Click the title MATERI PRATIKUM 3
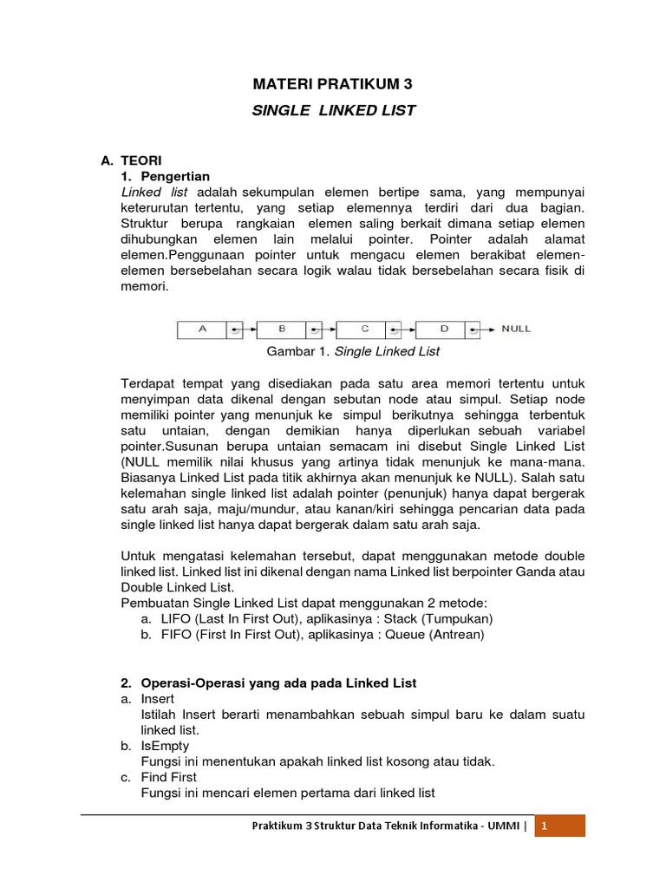[x=333, y=84]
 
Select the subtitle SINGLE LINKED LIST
[x=333, y=110]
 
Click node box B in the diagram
[x=281, y=330]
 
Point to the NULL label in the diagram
[x=516, y=330]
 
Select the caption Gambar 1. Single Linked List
[x=353, y=351]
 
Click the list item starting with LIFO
[x=317, y=618]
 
